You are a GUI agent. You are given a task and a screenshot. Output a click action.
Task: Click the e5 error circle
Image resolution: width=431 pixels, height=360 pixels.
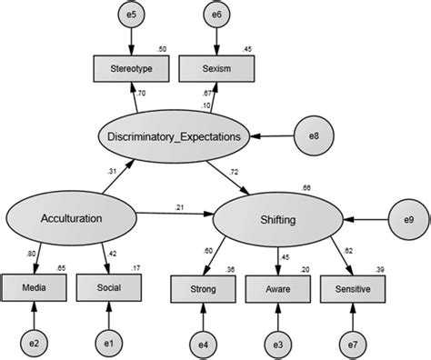(x=132, y=15)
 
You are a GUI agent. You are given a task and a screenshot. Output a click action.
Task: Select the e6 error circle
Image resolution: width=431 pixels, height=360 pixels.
(x=215, y=15)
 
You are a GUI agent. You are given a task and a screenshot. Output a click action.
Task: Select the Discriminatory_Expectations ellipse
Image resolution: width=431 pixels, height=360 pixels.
(x=173, y=138)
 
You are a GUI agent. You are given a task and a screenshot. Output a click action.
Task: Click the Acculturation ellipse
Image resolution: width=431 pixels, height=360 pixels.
(x=72, y=219)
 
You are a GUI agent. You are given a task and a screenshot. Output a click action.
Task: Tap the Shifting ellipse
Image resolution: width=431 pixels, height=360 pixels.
(x=275, y=220)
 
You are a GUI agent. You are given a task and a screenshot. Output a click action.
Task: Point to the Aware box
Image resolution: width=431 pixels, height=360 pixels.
(x=276, y=289)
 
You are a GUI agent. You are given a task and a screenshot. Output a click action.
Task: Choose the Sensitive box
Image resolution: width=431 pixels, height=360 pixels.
(x=351, y=289)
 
